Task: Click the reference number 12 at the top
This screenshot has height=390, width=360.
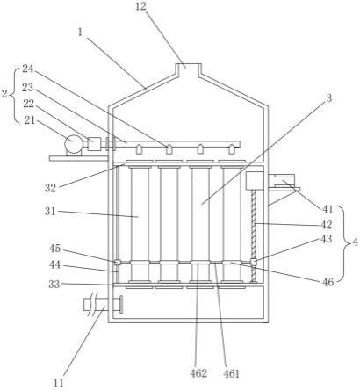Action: pos(140,6)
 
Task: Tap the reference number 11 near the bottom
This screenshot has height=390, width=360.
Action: pos(59,383)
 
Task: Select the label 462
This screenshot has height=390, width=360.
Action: pos(198,373)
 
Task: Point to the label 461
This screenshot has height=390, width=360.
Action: pos(231,373)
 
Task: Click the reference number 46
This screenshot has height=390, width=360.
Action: pos(328,282)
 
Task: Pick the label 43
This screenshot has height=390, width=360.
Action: pos(327,239)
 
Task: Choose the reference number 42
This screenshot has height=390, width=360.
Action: pos(327,225)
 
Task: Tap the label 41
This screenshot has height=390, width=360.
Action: pos(328,209)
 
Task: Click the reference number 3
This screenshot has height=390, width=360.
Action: pos(329,98)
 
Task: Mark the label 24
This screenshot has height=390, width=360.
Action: pos(28,69)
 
